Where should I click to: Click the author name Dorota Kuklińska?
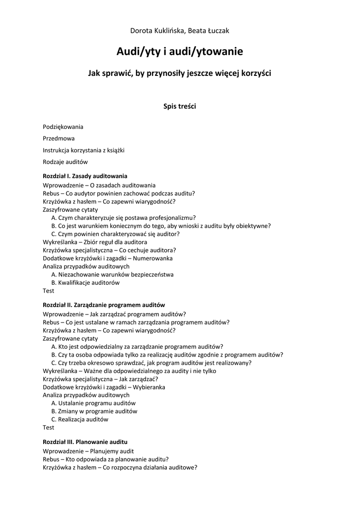pos(156,31)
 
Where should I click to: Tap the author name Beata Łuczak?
pos(209,31)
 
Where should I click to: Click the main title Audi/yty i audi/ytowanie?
pos(180,52)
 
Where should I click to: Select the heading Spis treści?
pos(180,106)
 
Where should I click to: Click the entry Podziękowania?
pos(63,127)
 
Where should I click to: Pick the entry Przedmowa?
pos(59,138)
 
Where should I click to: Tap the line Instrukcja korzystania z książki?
pos(83,150)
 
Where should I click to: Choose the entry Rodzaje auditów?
pos(65,162)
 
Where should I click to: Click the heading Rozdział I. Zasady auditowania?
pos(85,176)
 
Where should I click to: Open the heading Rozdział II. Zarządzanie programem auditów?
pos(104,305)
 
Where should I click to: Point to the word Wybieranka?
pos(148,387)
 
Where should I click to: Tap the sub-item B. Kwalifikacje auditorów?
pos(85,283)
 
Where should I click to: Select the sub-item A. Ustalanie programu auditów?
pos(93,403)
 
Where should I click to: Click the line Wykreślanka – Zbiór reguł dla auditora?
pos(95,242)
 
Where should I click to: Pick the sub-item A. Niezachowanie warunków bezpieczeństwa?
pos(112,274)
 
